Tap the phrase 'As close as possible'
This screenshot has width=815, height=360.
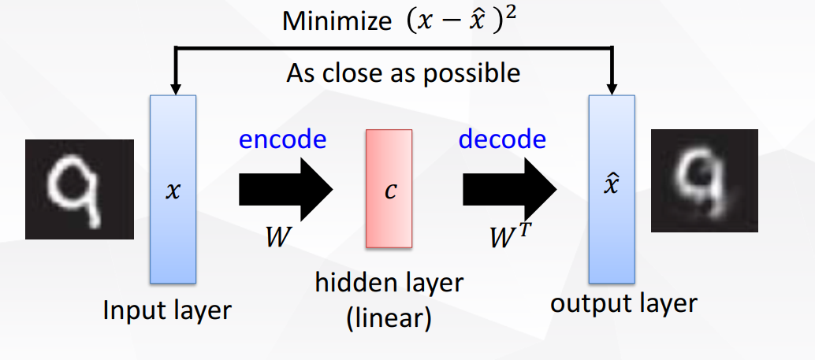pos(403,73)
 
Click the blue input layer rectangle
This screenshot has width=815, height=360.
pos(173,236)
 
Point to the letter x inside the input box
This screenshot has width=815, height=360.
pos(173,191)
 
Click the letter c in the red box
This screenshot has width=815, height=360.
pos(389,191)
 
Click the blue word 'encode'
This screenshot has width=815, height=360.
pos(282,139)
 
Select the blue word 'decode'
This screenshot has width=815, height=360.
pos(502,139)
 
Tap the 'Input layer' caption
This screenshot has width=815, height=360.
pos(167,310)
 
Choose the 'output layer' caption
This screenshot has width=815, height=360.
pos(623,303)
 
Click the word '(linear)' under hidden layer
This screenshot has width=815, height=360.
pos(389,320)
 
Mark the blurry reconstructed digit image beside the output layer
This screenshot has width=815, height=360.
pos(704,181)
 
